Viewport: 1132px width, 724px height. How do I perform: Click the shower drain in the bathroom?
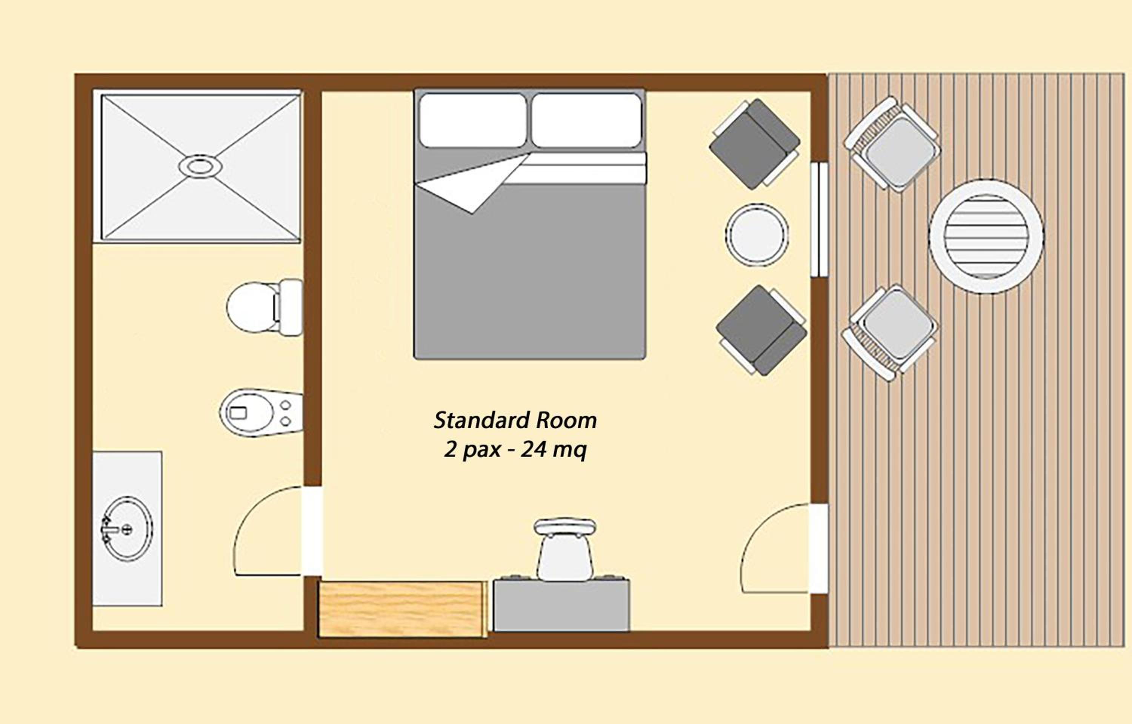pyautogui.click(x=200, y=166)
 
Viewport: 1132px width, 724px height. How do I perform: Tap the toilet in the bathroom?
pyautogui.click(x=264, y=308)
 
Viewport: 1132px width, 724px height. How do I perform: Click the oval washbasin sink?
pyautogui.click(x=127, y=529)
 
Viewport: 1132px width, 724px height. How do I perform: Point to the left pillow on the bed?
pyautogui.click(x=472, y=120)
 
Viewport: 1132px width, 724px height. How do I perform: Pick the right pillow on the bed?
pyautogui.click(x=587, y=120)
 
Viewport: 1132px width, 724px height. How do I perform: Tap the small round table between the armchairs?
pyautogui.click(x=757, y=234)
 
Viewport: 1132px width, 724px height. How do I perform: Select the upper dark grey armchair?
pyautogui.click(x=755, y=144)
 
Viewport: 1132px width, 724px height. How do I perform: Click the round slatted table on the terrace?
pyautogui.click(x=986, y=236)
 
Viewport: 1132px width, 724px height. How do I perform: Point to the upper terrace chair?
pyautogui.click(x=892, y=144)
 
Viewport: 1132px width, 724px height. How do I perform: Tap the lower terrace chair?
pyautogui.click(x=890, y=333)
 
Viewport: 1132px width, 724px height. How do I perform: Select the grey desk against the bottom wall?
pyautogui.click(x=561, y=605)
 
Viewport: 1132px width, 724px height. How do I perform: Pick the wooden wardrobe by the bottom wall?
pyautogui.click(x=403, y=609)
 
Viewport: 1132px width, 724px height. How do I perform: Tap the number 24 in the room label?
pyautogui.click(x=534, y=450)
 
